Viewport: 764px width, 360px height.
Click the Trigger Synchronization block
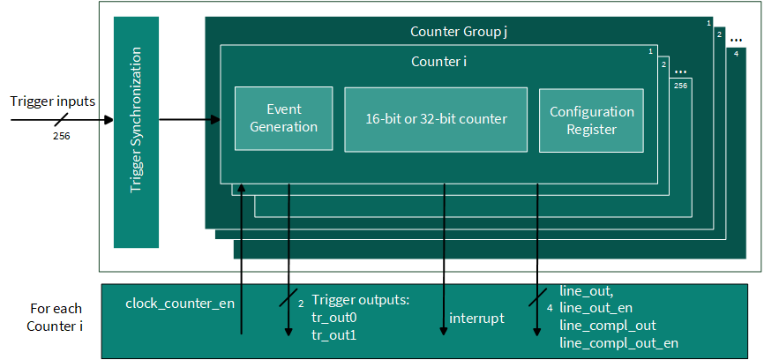[x=136, y=132]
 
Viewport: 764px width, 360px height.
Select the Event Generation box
[x=283, y=118]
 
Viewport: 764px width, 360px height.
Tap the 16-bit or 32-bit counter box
[x=436, y=119]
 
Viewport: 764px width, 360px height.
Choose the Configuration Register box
[x=591, y=120]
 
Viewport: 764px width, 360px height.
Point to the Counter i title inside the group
[x=440, y=62]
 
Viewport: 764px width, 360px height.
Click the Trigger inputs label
[x=53, y=101]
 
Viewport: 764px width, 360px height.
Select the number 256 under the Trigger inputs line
[x=62, y=137]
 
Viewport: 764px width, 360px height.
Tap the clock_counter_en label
[x=180, y=304]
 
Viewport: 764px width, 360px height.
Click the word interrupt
[x=476, y=319]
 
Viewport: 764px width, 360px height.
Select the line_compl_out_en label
[x=618, y=343]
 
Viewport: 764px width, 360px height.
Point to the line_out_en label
[x=595, y=308]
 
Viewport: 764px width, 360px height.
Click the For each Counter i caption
[x=56, y=318]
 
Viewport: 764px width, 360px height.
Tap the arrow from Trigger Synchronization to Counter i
[x=190, y=119]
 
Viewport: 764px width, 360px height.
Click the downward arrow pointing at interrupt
[x=444, y=259]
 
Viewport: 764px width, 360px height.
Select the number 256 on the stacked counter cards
[x=681, y=86]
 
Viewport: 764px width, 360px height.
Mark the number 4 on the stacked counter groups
[x=736, y=54]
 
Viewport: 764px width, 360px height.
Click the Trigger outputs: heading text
[x=360, y=300]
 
